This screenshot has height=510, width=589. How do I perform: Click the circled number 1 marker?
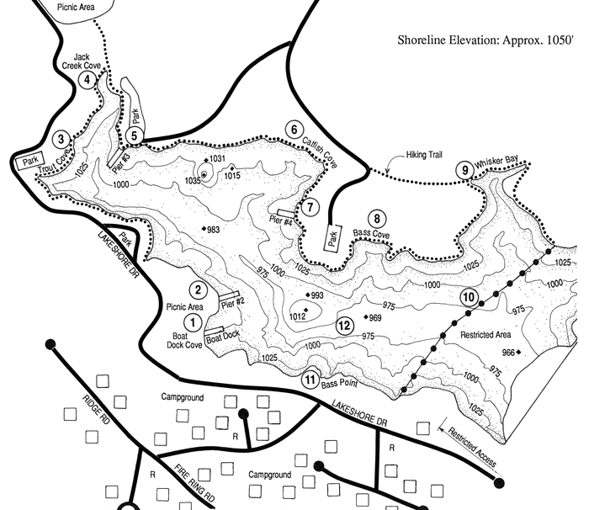tap(192, 321)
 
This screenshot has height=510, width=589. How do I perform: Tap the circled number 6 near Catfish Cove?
tap(294, 130)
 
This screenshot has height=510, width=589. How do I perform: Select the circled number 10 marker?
tap(469, 297)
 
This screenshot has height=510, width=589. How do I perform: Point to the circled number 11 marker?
tap(311, 380)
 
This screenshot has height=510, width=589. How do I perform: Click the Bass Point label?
tap(342, 383)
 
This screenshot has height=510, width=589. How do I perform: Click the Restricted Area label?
tap(487, 334)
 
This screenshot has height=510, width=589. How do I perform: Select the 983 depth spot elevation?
tap(213, 230)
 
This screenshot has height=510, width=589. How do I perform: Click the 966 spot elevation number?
tap(507, 352)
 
